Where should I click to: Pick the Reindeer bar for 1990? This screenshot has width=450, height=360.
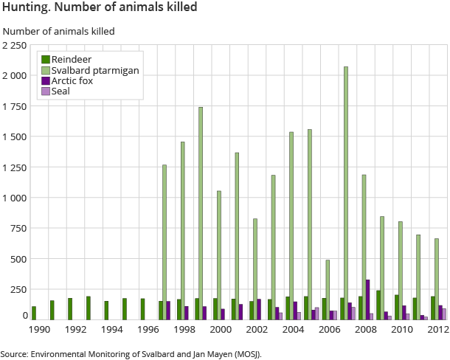pyautogui.click(x=34, y=313)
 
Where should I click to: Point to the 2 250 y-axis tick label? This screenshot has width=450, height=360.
pyautogui.click(x=15, y=46)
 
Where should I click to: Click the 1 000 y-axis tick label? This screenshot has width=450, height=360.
pyautogui.click(x=15, y=198)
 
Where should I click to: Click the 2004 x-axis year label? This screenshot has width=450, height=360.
pyautogui.click(x=291, y=330)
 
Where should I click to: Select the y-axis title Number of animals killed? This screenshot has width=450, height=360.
pyautogui.click(x=59, y=31)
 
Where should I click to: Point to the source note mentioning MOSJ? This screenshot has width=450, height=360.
pyautogui.click(x=131, y=354)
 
